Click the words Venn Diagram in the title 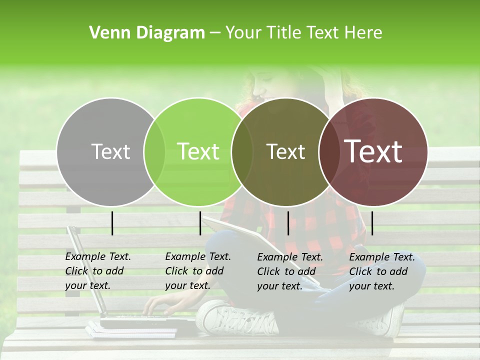click(x=146, y=33)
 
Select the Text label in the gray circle click(x=110, y=151)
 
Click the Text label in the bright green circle click(x=198, y=151)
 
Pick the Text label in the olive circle click(x=285, y=151)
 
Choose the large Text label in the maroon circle click(x=373, y=151)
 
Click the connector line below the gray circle click(x=112, y=223)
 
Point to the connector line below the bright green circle click(x=200, y=223)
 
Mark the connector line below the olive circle click(x=288, y=223)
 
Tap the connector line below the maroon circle click(x=372, y=223)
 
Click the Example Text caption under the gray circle click(x=97, y=271)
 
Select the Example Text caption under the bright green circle click(x=197, y=271)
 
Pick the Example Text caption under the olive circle click(x=289, y=271)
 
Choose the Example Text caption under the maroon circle click(x=381, y=271)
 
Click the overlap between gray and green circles click(x=154, y=151)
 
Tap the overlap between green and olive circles click(x=242, y=151)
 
